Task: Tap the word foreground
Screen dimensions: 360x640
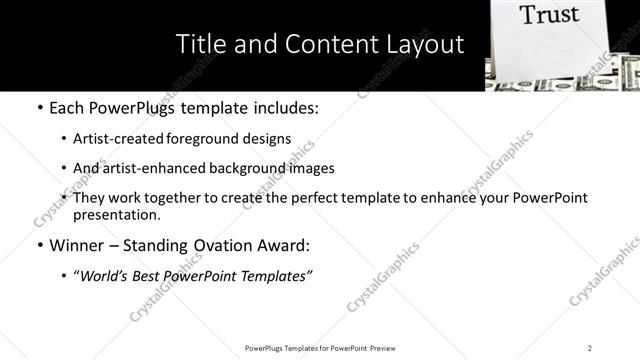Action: pyautogui.click(x=200, y=139)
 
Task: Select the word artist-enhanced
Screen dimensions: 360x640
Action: pyautogui.click(x=143, y=168)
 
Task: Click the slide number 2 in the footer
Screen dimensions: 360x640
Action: pyautogui.click(x=590, y=347)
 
